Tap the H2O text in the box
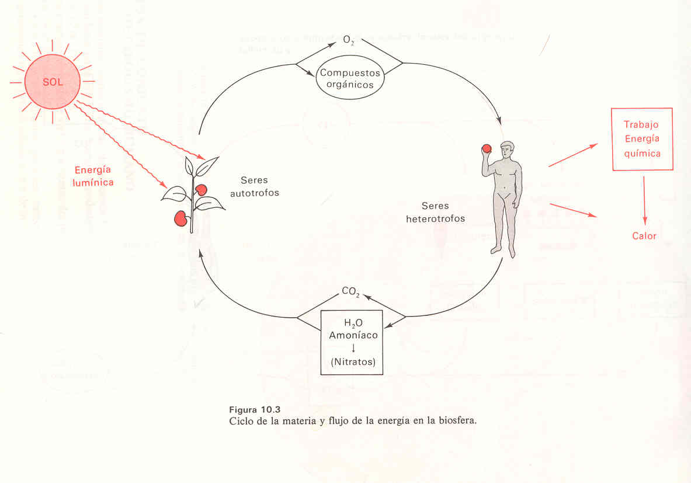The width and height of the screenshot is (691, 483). click(351, 324)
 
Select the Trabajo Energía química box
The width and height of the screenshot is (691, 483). click(642, 139)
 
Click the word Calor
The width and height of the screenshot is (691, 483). click(644, 237)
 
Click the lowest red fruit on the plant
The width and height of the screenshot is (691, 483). click(181, 218)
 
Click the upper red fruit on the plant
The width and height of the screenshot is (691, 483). click(201, 190)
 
